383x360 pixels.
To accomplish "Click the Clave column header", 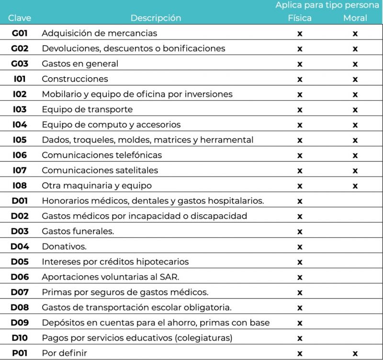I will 20,18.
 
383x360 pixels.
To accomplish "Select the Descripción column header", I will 156,18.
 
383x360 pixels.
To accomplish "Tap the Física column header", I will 300,18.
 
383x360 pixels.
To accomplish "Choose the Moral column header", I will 355,18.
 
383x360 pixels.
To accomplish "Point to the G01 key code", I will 20,34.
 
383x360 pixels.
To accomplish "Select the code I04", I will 20,125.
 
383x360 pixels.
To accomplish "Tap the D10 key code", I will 20,338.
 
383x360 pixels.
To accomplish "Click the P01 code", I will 20,353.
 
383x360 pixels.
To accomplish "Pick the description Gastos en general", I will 80,64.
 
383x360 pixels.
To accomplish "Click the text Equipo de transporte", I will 87,109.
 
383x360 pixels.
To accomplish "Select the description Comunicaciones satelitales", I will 100,170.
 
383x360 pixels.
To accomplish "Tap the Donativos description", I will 64,246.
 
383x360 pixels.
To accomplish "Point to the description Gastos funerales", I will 78,231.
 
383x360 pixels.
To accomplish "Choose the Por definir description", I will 65,353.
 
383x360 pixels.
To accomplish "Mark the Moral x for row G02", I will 355,49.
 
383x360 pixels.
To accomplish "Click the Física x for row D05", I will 300,262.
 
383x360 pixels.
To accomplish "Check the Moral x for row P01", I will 355,354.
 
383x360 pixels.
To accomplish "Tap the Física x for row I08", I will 300,186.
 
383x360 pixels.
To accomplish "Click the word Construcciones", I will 75,79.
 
